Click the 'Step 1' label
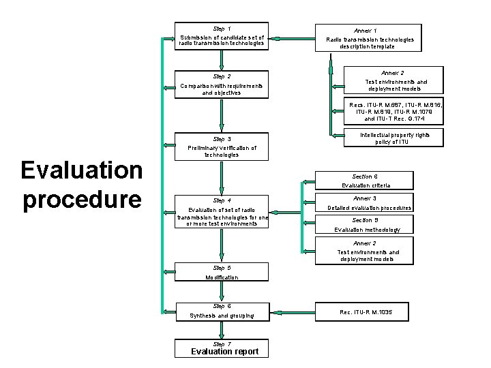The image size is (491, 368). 222,29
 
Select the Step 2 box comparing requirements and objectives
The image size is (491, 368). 222,85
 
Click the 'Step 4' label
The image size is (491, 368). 222,200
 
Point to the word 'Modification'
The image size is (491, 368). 222,278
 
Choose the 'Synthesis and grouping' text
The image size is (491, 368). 222,316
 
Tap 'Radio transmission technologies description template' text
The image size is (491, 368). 370,43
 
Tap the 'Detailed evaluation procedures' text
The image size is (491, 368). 370,208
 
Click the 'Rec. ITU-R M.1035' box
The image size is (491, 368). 366,312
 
